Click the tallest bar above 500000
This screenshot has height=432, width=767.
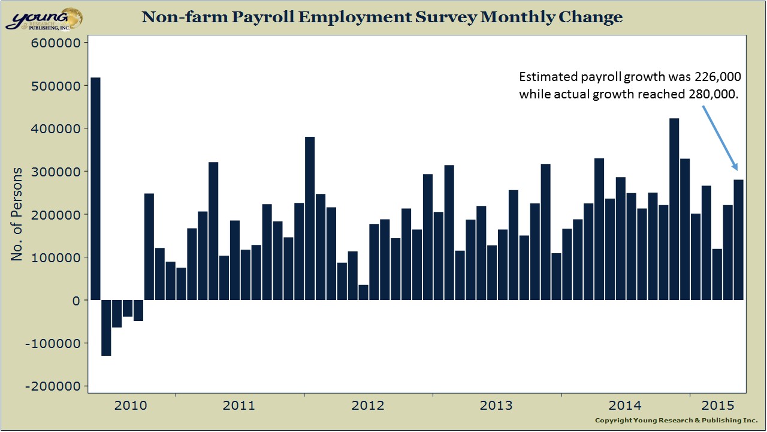[x=95, y=188]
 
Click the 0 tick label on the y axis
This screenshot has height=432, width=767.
[x=76, y=301]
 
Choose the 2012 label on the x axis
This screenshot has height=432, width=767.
[x=368, y=406]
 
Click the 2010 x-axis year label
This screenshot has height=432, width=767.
[x=131, y=406]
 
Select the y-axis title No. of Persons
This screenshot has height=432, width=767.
[x=17, y=214]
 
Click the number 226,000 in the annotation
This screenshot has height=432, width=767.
[x=718, y=77]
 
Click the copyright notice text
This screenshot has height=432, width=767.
[x=676, y=420]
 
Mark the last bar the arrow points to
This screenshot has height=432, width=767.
[x=738, y=240]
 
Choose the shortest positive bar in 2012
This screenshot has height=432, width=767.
[x=363, y=292]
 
